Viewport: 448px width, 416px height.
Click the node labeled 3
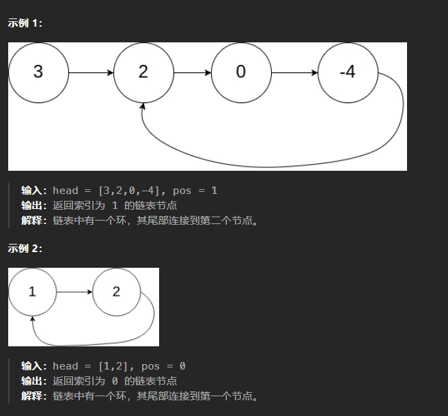(38, 72)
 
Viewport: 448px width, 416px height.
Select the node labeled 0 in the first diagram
(240, 72)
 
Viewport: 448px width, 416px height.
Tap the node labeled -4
(348, 72)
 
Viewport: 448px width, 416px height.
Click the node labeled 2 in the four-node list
(143, 72)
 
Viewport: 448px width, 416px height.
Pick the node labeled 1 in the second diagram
(32, 292)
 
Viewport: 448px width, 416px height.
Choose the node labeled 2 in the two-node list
(116, 292)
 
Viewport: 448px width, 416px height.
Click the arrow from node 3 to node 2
(91, 72)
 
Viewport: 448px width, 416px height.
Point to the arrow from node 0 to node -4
(294, 72)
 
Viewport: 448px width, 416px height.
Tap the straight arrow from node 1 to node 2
(74, 292)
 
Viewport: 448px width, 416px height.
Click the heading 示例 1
(25, 23)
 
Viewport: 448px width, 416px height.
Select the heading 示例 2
(25, 249)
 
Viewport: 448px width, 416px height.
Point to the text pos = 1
(195, 191)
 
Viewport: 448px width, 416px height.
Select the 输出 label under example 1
(34, 206)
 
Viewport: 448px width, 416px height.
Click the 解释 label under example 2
(34, 396)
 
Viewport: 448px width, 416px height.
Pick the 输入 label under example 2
(34, 366)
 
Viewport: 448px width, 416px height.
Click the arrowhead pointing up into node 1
(33, 318)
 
